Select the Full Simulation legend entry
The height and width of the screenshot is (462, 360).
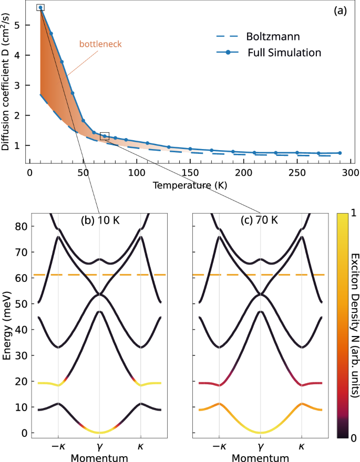pyautogui.click(x=284, y=52)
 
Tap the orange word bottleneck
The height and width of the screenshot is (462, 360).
pyautogui.click(x=100, y=44)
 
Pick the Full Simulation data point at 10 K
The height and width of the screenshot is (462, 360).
pyautogui.click(x=40, y=7)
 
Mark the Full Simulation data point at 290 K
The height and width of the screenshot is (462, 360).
pyautogui.click(x=340, y=153)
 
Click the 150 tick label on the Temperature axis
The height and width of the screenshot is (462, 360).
pyautogui.click(x=190, y=173)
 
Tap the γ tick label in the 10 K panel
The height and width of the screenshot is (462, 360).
pyautogui.click(x=100, y=446)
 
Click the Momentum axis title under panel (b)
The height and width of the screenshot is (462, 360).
pyautogui.click(x=100, y=457)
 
